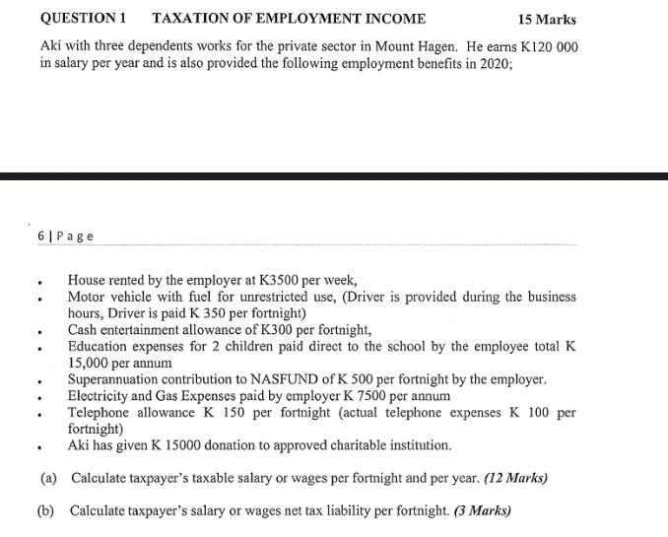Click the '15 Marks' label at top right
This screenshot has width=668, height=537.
(x=547, y=20)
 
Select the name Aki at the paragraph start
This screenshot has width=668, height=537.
(x=51, y=49)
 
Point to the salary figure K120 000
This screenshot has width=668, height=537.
(x=542, y=49)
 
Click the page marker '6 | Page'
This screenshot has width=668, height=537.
(x=66, y=235)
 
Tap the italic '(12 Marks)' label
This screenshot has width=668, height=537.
(x=513, y=479)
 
